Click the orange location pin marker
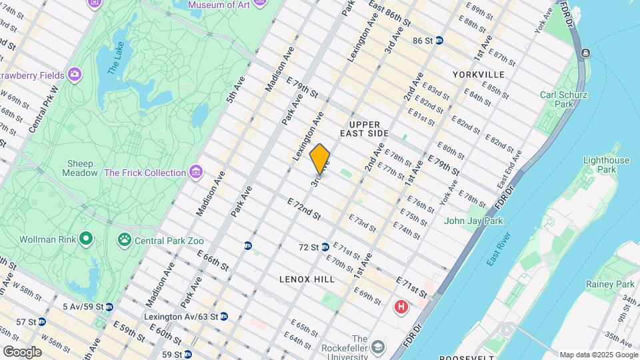pos(320,159)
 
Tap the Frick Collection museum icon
pos(195,173)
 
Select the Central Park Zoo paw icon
pos(124,239)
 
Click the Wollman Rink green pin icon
pos(85,238)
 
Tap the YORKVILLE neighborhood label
pos(478,75)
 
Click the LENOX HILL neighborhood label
pos(307,279)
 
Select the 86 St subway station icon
pos(439,41)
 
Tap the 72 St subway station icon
pos(325,247)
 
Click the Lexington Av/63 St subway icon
pos(224,316)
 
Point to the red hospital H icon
pos(401,307)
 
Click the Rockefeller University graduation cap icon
pos(378,347)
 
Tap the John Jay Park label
pos(473,221)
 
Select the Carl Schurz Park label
pos(563,99)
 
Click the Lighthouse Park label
pos(606,165)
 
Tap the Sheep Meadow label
pos(80,168)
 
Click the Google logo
pos(21,352)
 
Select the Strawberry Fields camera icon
pos(75,73)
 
